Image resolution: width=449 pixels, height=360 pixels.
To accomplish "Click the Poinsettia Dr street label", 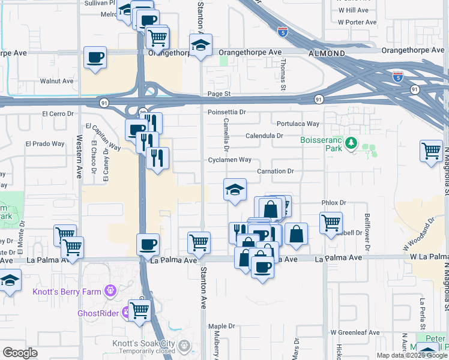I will click(228, 112).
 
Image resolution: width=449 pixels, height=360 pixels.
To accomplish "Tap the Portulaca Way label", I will click(298, 124).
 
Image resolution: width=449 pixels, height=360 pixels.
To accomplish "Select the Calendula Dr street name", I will click(264, 136).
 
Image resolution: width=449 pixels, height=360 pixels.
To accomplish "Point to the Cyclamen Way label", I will click(229, 160).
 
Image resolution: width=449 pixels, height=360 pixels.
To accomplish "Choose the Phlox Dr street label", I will click(334, 203).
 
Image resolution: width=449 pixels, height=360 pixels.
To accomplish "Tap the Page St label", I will click(219, 94).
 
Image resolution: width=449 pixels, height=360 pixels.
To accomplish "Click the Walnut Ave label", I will click(56, 81).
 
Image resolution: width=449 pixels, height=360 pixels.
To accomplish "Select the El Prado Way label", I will click(44, 144).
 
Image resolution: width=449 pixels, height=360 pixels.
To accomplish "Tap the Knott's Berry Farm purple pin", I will click(110, 292).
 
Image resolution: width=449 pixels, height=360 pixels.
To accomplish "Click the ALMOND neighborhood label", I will click(327, 53).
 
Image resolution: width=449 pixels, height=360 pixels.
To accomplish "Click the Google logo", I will click(20, 353).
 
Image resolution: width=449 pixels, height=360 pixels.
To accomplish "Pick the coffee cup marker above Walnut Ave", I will click(95, 57).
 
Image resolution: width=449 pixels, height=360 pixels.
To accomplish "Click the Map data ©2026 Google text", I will click(411, 355).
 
